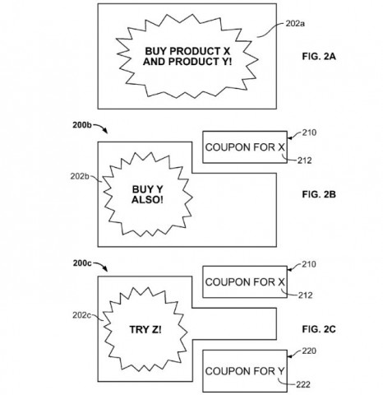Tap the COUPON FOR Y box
pyautogui.click(x=245, y=368)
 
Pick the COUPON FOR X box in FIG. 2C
pyautogui.click(x=245, y=281)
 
